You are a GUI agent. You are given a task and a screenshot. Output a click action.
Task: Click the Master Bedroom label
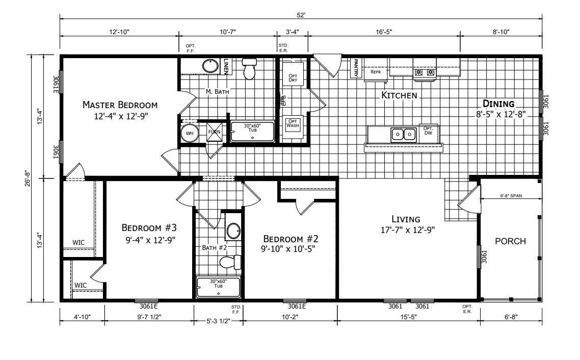(120, 105)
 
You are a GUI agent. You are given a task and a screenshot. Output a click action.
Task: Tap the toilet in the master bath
(249, 69)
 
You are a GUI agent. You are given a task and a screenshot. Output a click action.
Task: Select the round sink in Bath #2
(233, 230)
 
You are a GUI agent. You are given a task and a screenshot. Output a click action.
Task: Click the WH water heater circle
(190, 133)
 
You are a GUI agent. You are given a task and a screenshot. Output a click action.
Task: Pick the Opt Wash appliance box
(293, 124)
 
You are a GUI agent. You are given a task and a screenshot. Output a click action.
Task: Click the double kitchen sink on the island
(403, 135)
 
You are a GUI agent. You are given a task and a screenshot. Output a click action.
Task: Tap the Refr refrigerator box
(376, 72)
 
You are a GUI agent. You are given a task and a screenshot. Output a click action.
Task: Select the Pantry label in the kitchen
(356, 68)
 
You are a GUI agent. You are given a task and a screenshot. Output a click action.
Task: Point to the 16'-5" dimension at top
(384, 32)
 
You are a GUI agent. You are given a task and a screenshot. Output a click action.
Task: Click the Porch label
(510, 241)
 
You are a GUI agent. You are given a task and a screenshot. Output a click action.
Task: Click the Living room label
(406, 219)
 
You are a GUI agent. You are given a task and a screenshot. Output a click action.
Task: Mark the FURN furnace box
(214, 133)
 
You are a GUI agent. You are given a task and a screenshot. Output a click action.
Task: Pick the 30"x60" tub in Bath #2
(218, 287)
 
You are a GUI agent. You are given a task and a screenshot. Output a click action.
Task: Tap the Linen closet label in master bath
(227, 66)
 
